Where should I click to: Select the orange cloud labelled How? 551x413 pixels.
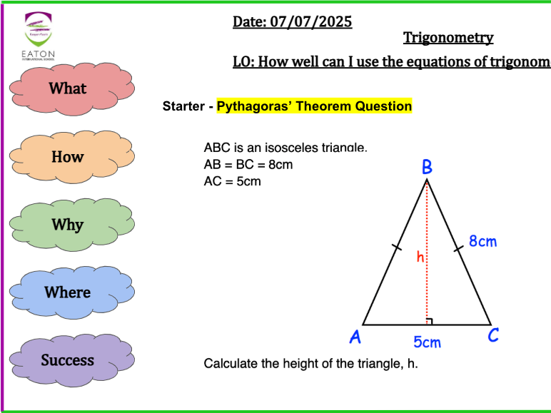[67, 157]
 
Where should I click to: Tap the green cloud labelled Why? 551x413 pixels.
[67, 225]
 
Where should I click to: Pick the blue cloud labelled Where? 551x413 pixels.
[67, 292]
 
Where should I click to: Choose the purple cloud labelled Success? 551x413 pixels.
[67, 360]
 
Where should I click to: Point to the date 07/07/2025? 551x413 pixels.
[311, 22]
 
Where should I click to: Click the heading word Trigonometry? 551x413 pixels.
[448, 38]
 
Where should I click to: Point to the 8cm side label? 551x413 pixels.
[482, 241]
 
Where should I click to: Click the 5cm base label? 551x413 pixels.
[427, 342]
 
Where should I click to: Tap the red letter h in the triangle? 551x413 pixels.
[420, 257]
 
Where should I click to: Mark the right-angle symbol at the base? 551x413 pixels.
[429, 321]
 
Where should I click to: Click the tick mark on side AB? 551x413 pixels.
[396, 247]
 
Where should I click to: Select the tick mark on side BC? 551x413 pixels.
[457, 248]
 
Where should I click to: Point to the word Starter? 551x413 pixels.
[183, 107]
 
